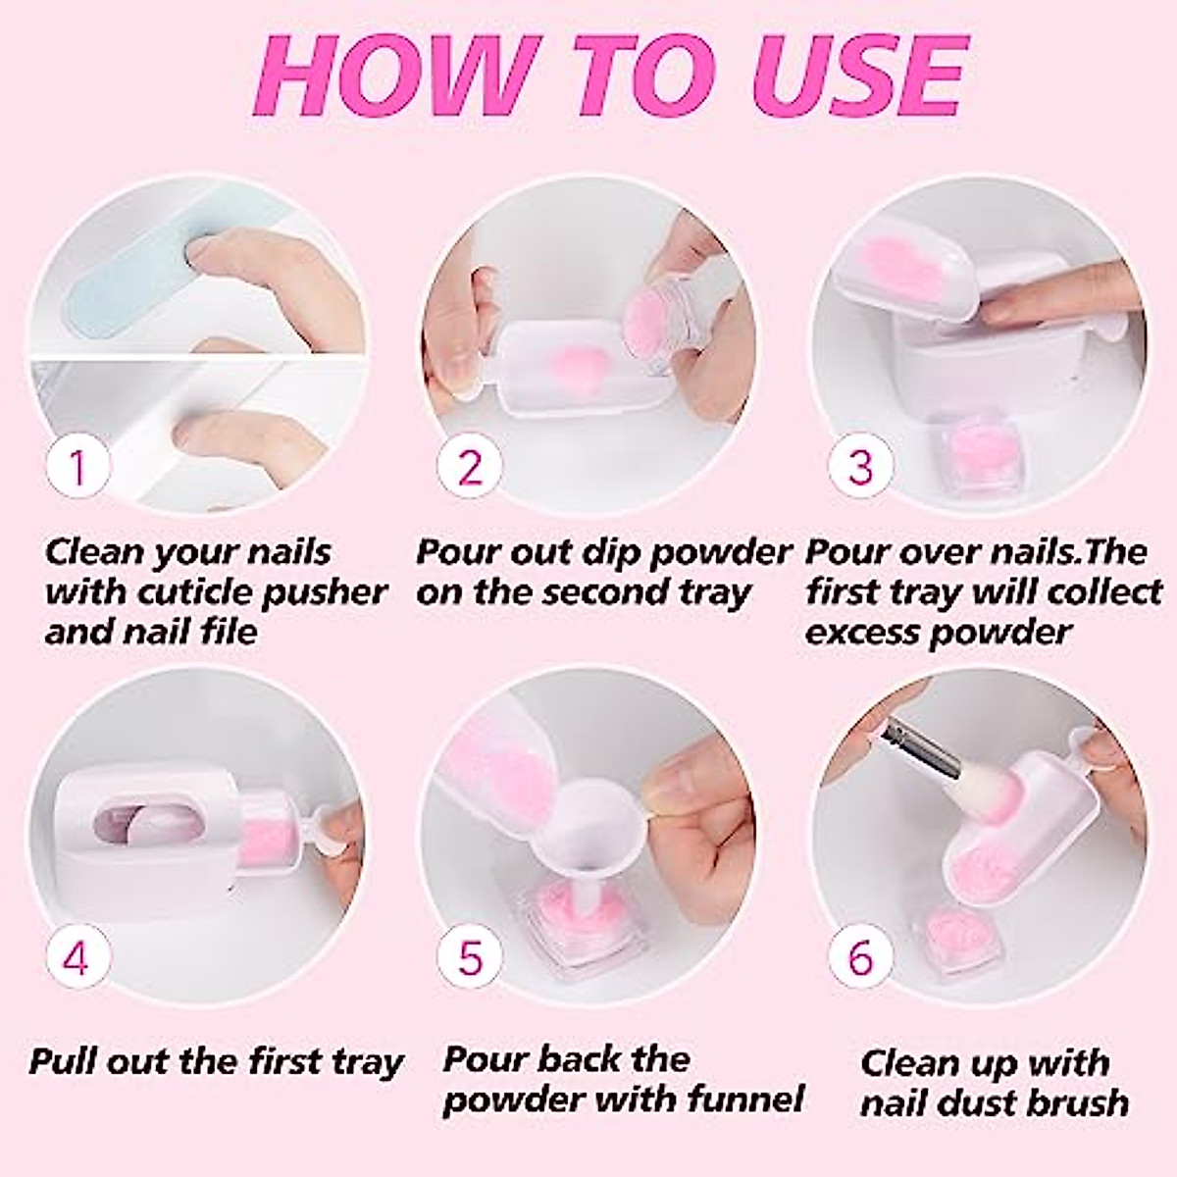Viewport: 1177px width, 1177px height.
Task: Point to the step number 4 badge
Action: click(77, 956)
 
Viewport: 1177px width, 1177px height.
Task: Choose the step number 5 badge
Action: click(471, 956)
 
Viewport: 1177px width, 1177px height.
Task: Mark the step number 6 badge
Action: click(860, 956)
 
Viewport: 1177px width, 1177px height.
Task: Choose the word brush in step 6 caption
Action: click(1075, 1102)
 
